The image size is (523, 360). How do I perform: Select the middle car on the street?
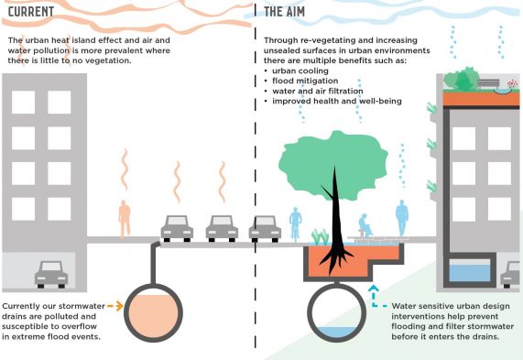point(222,227)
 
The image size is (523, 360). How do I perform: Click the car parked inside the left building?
point(51,273)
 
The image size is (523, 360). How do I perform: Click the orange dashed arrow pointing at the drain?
point(114,304)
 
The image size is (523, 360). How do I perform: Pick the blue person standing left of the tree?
point(295,221)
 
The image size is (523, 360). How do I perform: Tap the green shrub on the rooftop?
point(465,80)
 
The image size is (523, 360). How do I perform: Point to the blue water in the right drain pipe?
point(338,332)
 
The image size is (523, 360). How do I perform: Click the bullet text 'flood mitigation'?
point(307,81)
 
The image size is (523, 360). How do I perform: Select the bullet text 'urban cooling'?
point(301,71)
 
